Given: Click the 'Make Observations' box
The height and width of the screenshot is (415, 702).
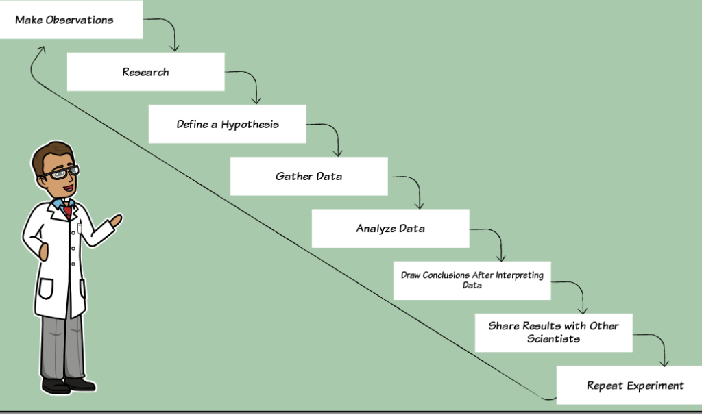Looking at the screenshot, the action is coord(71,20).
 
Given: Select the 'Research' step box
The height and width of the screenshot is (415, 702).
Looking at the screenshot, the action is coord(145,72).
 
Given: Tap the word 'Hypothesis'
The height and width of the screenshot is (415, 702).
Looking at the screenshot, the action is coord(250,125).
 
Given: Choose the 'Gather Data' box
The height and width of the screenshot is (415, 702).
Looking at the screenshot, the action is coord(309,176).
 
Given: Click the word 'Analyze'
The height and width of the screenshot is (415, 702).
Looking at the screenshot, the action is coord(376,229).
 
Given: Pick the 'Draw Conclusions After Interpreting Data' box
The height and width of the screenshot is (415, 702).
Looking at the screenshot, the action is coord(472,280).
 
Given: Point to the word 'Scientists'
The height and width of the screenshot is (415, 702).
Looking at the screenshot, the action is coord(553,339).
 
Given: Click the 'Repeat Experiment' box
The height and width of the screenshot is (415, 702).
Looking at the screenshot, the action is coord(629,385).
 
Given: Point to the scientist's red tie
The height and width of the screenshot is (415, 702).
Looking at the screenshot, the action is coord(68,212).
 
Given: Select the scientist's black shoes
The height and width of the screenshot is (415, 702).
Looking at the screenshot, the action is coord(68,385).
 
